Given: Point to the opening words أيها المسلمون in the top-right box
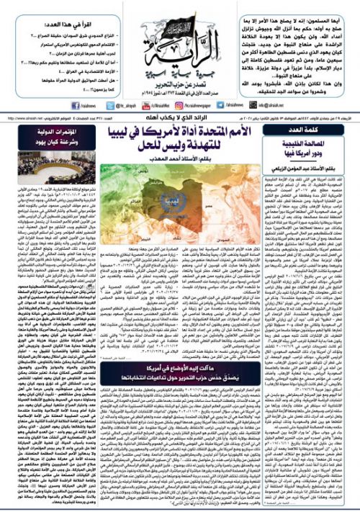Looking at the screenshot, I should click(332, 9).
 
